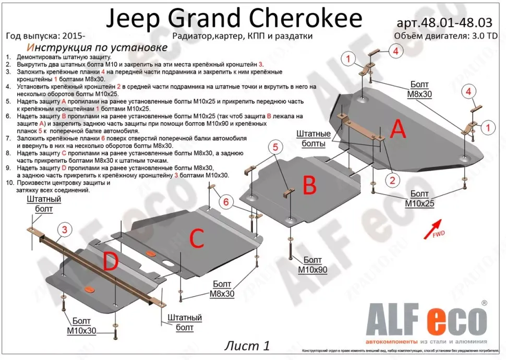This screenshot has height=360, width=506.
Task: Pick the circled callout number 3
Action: (x=65, y=230)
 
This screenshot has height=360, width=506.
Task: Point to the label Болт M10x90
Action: (x=312, y=265)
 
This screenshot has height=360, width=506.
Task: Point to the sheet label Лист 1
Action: (x=248, y=345)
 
